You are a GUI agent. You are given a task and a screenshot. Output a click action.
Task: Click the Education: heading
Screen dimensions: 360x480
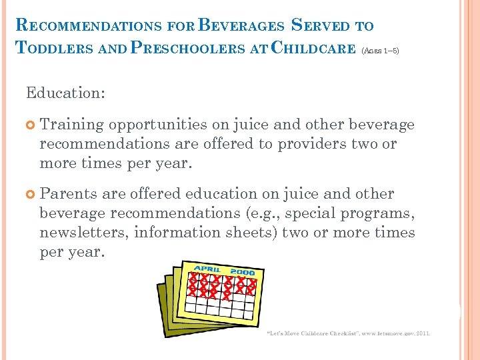pos(65,93)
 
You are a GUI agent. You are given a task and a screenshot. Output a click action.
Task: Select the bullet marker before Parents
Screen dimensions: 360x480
pos(31,195)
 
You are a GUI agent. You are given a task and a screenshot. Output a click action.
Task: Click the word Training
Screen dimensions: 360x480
pos(71,125)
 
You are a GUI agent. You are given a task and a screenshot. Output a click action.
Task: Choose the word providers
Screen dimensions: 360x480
pos(311,144)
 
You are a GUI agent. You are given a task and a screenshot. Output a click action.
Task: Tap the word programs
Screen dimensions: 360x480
pos(377,213)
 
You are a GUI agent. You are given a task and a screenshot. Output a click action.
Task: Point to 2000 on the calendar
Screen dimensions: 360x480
pos(243,272)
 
